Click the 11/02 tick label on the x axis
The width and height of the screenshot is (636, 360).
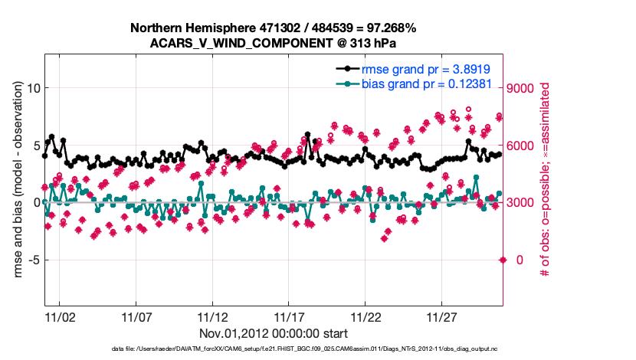tap(59, 316)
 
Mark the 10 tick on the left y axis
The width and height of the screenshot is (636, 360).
tap(32, 88)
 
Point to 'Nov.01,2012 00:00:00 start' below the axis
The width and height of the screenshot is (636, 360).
tap(274, 333)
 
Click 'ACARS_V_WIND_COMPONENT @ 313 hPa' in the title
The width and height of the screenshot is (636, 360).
tap(274, 43)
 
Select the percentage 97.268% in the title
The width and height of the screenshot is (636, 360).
tap(388, 28)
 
